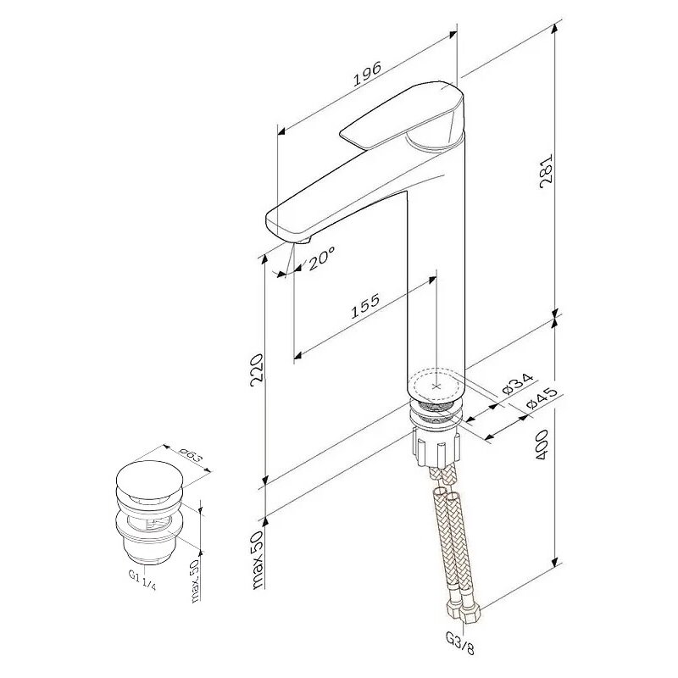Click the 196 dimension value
tap(368, 74)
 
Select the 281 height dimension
tap(546, 171)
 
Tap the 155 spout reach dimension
tap(365, 306)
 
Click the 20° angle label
tap(321, 258)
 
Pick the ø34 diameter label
tap(519, 383)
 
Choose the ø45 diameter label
tap(542, 397)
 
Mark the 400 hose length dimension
tap(542, 444)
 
